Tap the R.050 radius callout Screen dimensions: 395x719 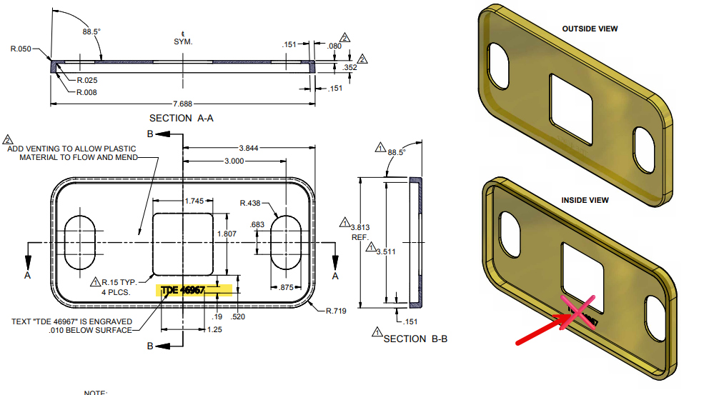click(20, 49)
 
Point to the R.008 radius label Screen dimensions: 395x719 click(86, 92)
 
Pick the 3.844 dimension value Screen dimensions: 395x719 click(249, 148)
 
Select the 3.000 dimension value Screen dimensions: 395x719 click(234, 161)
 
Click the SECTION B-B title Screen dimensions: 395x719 click(415, 338)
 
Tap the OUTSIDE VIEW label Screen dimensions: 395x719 click(590, 29)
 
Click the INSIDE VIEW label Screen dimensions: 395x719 click(585, 200)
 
